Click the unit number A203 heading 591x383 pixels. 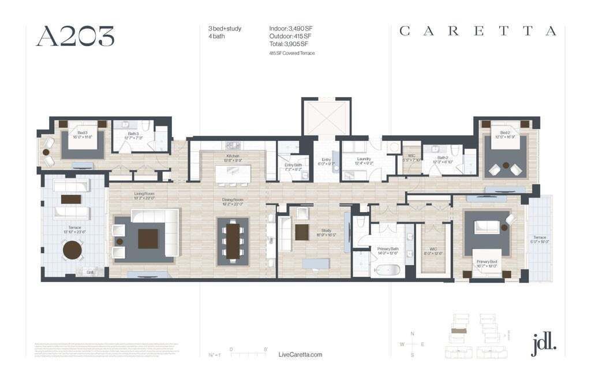(75, 36)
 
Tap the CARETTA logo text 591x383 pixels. (478, 31)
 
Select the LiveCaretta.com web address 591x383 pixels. (300, 355)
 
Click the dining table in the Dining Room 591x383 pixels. (233, 240)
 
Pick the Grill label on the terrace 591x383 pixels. (90, 272)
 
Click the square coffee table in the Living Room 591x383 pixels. (148, 238)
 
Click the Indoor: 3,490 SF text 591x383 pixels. (291, 28)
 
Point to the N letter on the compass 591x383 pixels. (412, 334)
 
